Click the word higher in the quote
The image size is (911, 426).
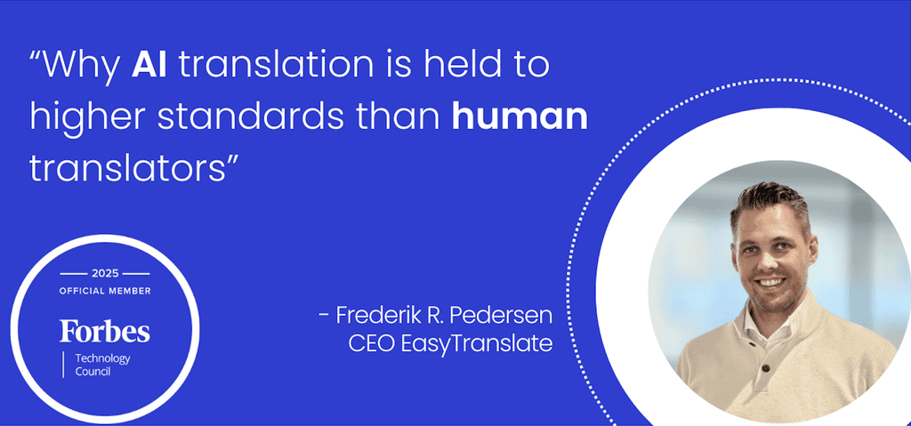point(88,117)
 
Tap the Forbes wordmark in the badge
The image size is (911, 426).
point(105,332)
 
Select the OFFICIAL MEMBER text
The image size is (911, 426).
point(105,291)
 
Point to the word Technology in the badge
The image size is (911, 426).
point(101,358)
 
